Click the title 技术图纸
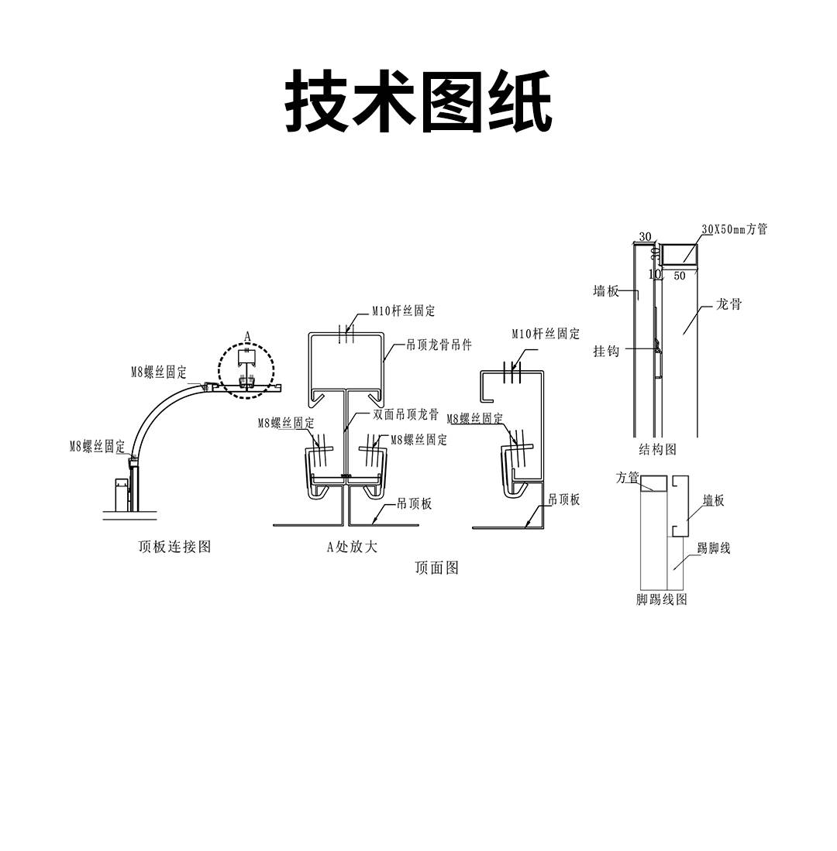click(x=418, y=101)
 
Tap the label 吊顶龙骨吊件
click(x=439, y=345)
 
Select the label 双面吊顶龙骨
click(x=406, y=415)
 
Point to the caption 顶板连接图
click(x=174, y=547)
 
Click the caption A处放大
click(x=352, y=547)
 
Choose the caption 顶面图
click(x=437, y=568)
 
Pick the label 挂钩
click(x=606, y=351)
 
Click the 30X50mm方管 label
click(x=734, y=229)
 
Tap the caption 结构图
click(x=657, y=449)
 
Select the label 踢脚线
click(x=714, y=548)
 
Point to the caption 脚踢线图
click(x=662, y=599)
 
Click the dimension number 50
click(x=680, y=276)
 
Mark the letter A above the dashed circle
click(x=247, y=335)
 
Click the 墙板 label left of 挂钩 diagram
click(x=606, y=291)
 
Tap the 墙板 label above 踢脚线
click(x=713, y=501)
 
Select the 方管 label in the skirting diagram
click(x=627, y=478)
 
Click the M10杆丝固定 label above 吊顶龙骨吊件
click(x=403, y=311)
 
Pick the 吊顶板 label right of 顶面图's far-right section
click(x=564, y=500)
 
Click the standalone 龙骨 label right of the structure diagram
click(x=728, y=305)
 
